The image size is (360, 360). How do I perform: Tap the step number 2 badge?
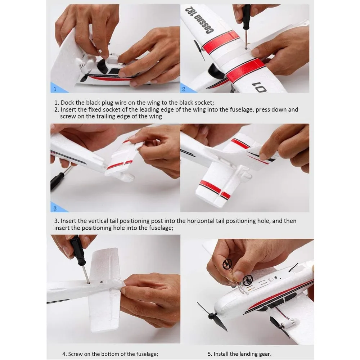(x=184, y=89)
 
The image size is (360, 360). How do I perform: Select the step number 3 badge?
(x=55, y=208)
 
